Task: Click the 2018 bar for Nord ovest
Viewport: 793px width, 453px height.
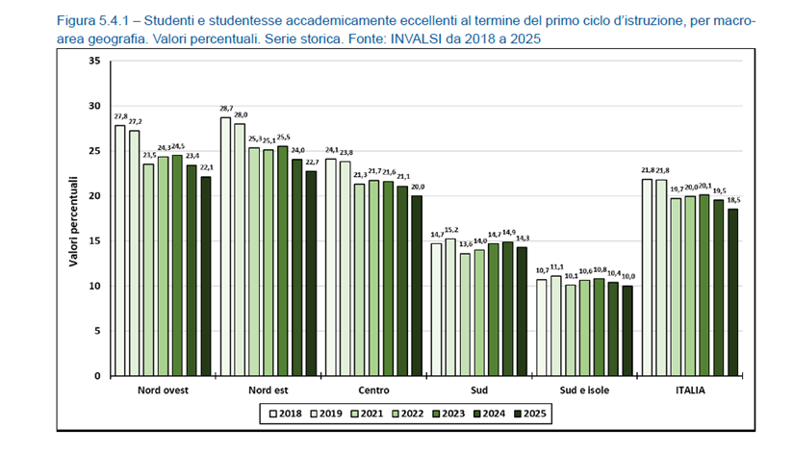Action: tap(120, 250)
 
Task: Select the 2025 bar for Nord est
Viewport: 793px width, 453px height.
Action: tap(311, 273)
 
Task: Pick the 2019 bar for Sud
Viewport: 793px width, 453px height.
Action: tap(450, 307)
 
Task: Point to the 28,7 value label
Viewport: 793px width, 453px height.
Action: tap(225, 110)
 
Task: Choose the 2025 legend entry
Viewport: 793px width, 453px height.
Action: tap(531, 414)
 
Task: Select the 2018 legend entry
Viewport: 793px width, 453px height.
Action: tap(281, 414)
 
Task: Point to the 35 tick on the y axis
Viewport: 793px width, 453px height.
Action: tap(93, 61)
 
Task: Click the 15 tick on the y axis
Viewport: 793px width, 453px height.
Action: tap(93, 240)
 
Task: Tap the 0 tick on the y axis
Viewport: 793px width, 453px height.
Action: tap(96, 376)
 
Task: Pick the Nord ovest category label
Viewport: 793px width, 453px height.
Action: tap(162, 390)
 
